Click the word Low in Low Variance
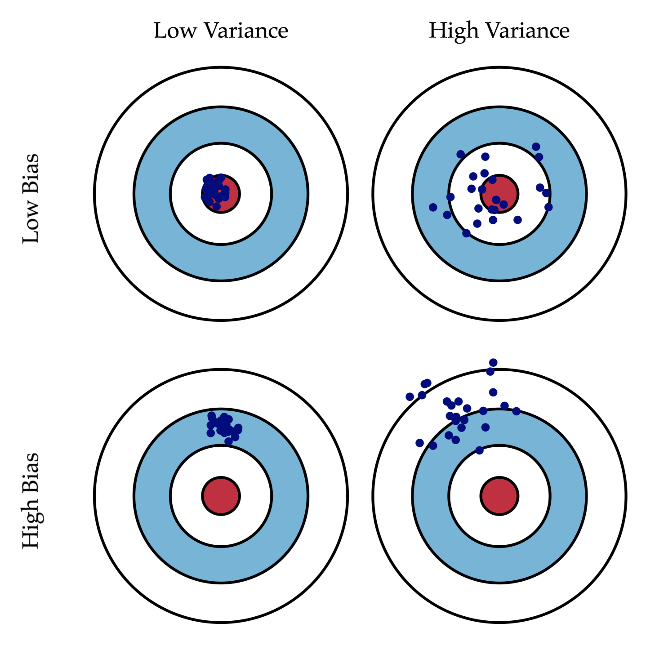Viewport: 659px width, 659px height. (175, 31)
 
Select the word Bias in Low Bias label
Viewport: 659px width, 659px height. (31, 173)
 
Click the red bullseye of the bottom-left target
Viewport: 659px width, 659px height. (221, 496)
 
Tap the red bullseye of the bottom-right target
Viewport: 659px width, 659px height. (499, 496)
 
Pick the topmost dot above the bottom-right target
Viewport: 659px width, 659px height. (493, 362)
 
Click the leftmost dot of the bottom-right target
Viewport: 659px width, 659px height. (410, 396)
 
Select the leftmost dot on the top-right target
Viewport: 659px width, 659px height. (433, 207)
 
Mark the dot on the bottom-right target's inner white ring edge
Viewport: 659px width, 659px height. (479, 450)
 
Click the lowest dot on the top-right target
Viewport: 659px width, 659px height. (466, 233)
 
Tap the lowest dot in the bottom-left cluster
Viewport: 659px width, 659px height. (228, 441)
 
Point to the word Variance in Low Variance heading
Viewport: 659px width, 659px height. (246, 31)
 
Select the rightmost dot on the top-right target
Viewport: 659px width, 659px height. (548, 207)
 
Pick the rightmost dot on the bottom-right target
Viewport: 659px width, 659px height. (516, 411)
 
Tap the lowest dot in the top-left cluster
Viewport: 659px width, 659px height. (217, 206)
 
